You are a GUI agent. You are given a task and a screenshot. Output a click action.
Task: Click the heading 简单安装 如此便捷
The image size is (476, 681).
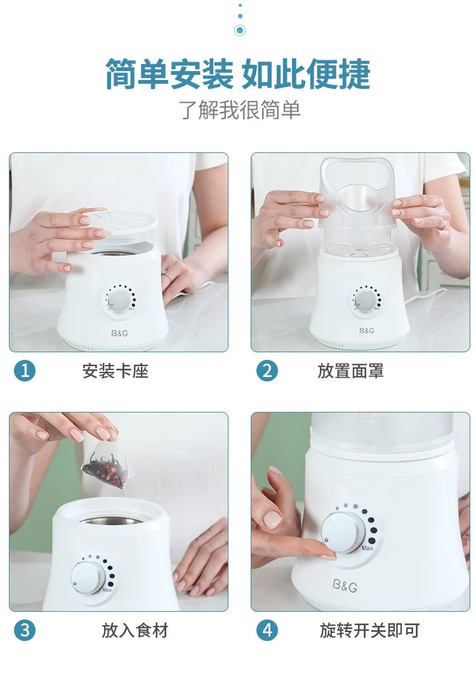pos(237,74)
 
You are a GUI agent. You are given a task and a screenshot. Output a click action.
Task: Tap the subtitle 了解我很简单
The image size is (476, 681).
pos(240,110)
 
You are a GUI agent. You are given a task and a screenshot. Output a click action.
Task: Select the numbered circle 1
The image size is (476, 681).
pos(25,371)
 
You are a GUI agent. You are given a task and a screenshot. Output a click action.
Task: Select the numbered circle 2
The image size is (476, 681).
pos(267,371)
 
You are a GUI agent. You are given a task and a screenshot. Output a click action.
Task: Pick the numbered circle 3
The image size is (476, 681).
pos(25,630)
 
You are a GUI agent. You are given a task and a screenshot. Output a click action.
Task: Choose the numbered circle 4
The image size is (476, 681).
pos(267,630)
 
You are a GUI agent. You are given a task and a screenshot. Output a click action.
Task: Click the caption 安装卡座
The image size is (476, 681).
pos(116,371)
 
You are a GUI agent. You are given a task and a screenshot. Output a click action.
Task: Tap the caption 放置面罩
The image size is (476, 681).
pos(350,371)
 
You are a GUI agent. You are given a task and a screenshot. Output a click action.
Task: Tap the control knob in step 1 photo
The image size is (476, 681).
pos(117,299)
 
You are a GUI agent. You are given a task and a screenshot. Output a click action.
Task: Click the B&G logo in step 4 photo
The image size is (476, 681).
pos(345,586)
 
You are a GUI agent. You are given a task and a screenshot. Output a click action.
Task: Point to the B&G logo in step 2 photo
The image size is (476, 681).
pos(367,331)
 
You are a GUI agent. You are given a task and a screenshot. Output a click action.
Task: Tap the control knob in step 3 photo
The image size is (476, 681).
pos(88,577)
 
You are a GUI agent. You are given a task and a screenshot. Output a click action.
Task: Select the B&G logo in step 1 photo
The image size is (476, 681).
pos(119,334)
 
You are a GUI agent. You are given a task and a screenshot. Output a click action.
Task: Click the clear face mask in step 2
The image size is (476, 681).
pos(357,195)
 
